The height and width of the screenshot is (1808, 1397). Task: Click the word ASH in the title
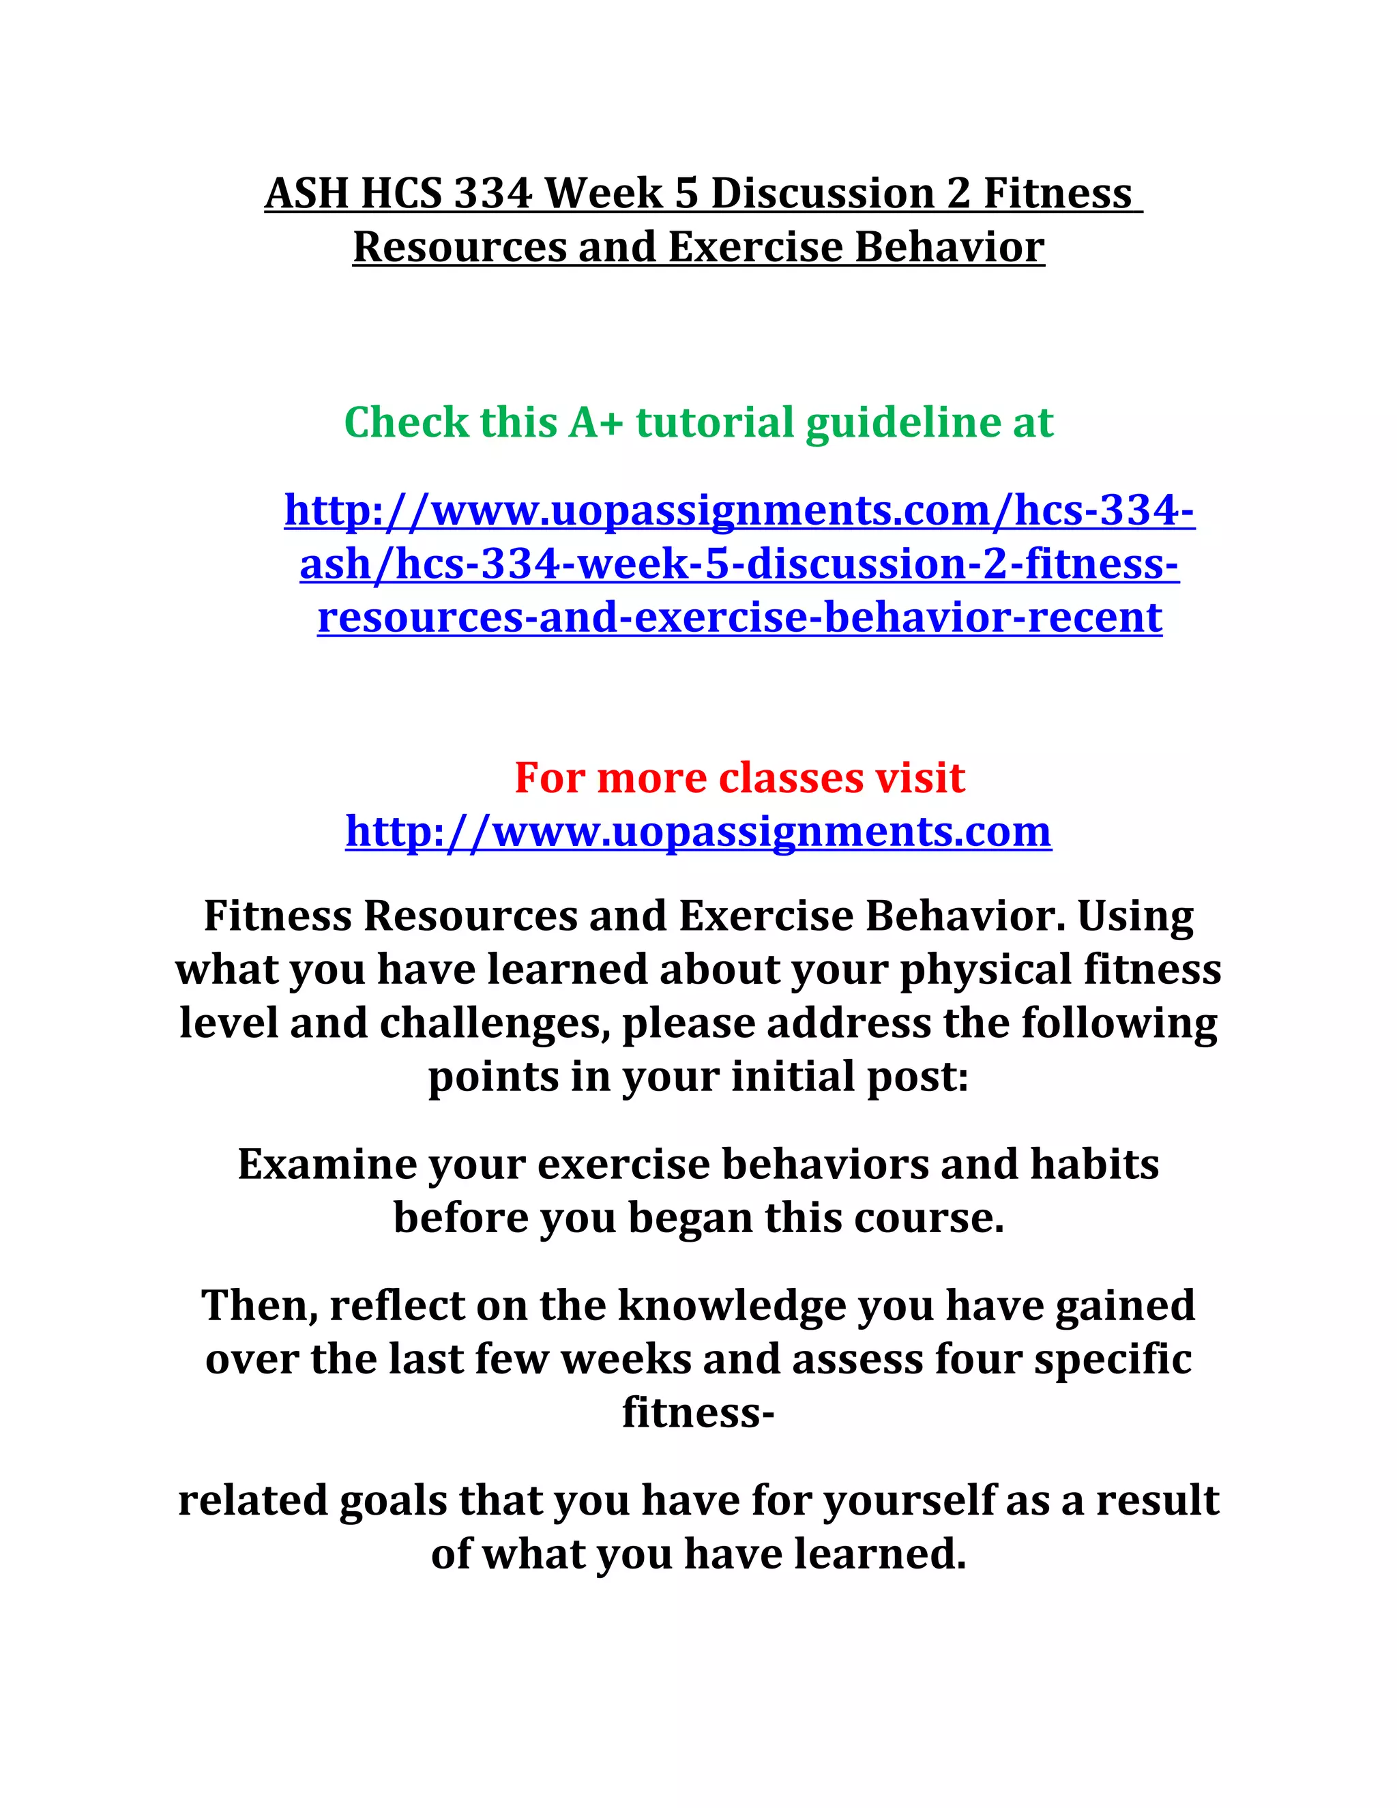coord(306,194)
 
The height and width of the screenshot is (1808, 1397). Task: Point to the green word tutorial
coord(714,422)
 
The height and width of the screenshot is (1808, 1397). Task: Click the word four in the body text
coord(978,1359)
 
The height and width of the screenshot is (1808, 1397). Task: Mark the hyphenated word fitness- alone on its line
coord(698,1412)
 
